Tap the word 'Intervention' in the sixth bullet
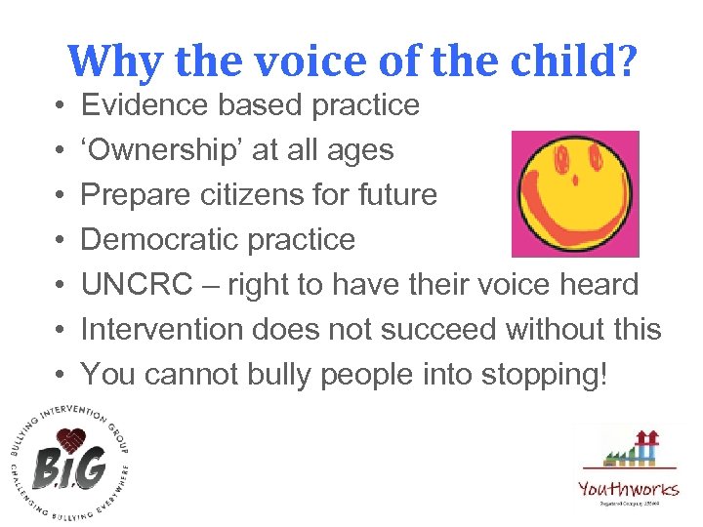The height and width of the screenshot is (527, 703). (x=162, y=329)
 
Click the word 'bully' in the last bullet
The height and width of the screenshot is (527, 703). (x=309, y=374)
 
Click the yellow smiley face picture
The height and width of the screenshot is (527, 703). (x=575, y=193)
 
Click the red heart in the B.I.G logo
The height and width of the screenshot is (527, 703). (x=68, y=441)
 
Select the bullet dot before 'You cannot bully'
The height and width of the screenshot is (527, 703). (x=61, y=374)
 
